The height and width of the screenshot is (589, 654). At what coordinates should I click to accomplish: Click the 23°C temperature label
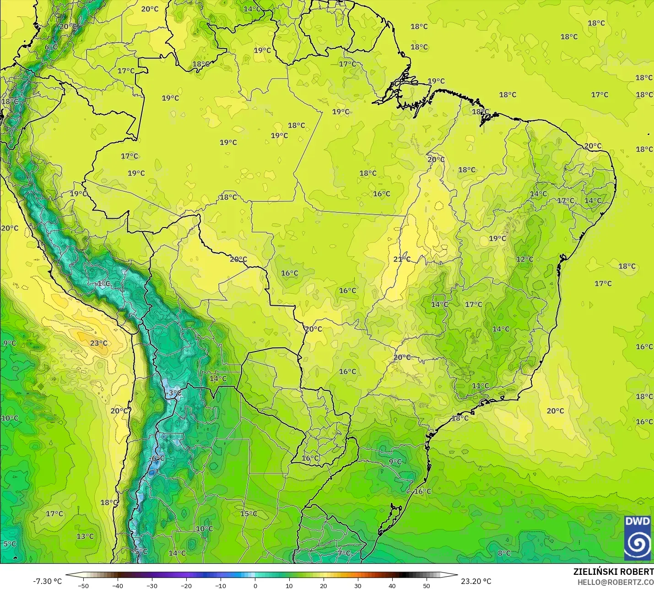98,343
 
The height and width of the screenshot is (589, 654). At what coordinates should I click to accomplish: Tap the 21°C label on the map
402,259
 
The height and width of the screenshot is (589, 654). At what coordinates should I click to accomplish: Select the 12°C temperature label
524,259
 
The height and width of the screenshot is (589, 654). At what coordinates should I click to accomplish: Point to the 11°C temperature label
480,386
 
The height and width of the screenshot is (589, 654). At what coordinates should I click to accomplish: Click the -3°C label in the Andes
173,393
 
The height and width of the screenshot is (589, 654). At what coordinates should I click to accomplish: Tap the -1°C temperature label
103,284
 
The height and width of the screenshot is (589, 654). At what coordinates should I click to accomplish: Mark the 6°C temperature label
51,47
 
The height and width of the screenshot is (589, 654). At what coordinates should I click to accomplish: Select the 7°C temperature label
344,553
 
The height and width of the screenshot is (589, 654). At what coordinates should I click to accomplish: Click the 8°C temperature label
504,553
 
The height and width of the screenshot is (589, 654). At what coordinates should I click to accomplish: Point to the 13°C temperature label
85,536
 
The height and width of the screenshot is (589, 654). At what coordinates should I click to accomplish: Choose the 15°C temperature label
249,513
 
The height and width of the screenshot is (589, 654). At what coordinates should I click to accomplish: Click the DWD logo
638,537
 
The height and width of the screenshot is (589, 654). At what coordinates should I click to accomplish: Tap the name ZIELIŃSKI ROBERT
613,572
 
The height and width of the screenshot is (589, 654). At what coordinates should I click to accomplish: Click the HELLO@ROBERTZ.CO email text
615,582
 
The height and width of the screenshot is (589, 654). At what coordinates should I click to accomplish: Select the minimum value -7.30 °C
47,581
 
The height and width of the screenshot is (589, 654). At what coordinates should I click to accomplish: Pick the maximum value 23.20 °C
476,581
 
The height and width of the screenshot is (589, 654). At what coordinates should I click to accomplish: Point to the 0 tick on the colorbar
255,586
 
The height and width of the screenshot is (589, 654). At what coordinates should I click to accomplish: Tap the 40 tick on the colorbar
392,586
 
